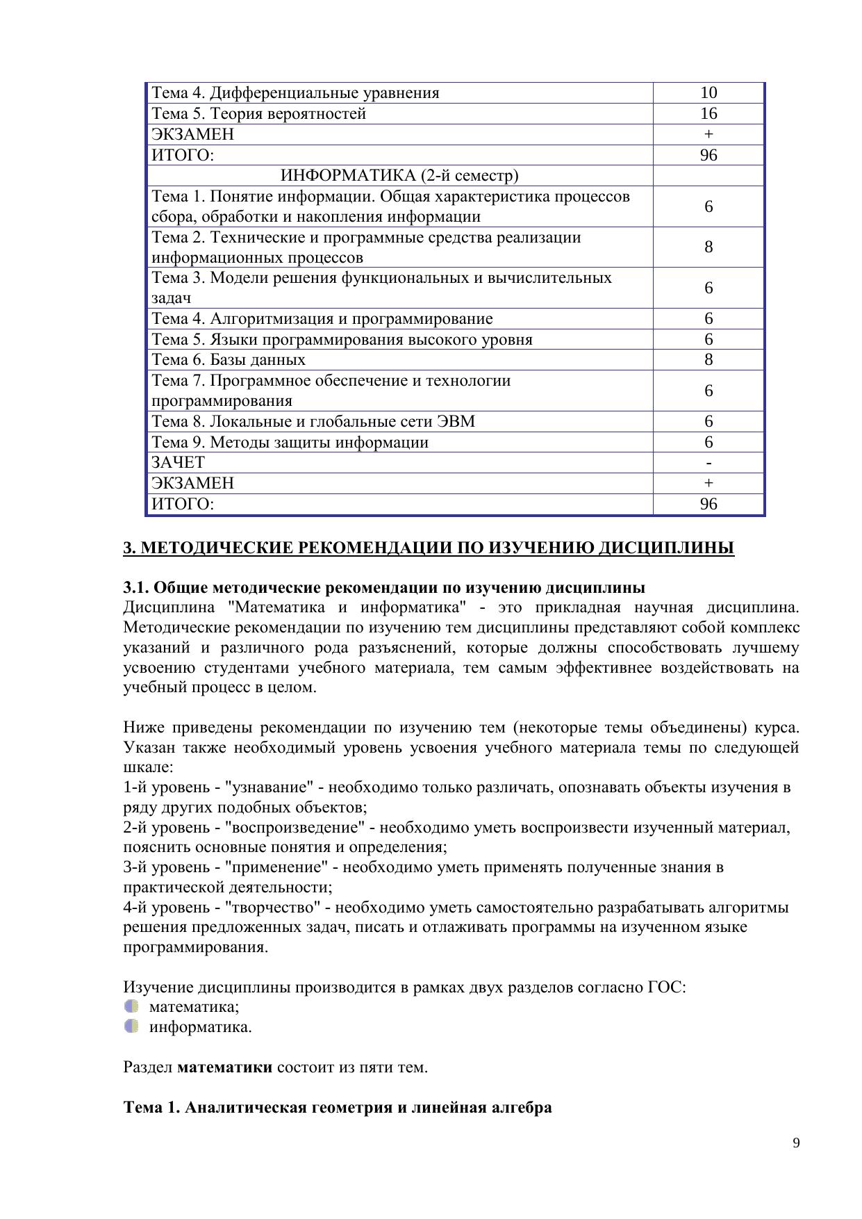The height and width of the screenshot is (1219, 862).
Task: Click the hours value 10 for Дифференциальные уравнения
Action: coord(708,93)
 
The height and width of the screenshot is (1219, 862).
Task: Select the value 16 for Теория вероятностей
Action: coord(708,114)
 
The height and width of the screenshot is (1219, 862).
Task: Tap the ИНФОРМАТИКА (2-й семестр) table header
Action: coord(399,176)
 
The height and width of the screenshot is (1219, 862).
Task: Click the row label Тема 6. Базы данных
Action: coord(229,360)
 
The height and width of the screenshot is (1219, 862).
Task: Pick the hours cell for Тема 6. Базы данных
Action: coord(708,360)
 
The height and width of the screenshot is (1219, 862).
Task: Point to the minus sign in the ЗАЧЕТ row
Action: coord(708,463)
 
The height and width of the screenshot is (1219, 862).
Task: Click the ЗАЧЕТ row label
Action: coord(178,463)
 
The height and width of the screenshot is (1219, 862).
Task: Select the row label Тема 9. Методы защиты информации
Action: coord(290,443)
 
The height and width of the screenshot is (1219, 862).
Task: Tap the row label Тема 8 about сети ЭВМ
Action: coord(313,422)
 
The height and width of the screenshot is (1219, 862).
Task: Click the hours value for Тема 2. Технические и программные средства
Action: coord(708,247)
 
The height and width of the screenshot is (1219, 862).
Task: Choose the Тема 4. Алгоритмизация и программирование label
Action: coord(322,319)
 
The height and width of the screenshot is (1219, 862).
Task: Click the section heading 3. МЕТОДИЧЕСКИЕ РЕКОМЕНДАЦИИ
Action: coord(429,548)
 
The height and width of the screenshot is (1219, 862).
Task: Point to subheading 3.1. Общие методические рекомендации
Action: coord(384,588)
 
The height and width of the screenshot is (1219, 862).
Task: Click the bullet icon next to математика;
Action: coord(131,1006)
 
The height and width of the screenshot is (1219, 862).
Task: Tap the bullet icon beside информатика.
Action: coord(131,1026)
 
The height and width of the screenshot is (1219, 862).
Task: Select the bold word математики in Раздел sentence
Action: coord(224,1067)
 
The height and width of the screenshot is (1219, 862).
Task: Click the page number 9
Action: coord(796,1143)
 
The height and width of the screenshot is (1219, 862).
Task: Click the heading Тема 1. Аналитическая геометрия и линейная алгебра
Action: coord(338,1107)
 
